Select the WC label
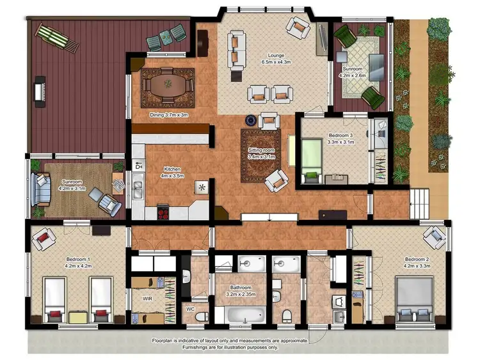coord(190,309)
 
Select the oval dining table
coord(169,86)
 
